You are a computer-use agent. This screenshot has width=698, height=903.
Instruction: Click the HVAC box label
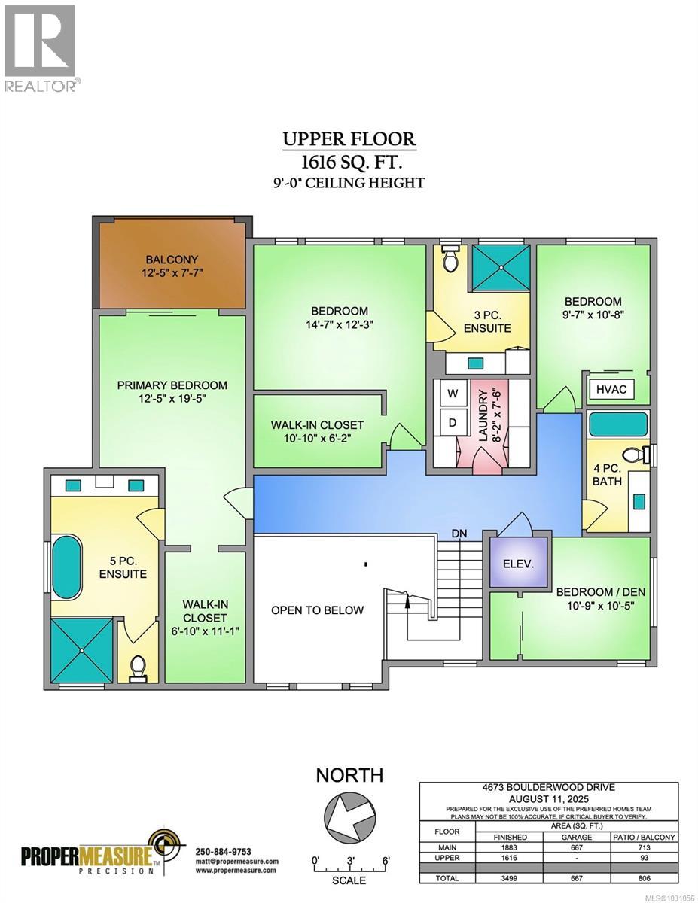(611, 389)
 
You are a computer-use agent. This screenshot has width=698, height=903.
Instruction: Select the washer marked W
(453, 393)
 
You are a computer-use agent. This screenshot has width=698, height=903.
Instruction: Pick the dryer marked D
(453, 423)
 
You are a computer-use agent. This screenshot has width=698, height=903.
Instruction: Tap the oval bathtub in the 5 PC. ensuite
(66, 567)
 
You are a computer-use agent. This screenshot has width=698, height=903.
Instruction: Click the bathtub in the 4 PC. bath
(618, 424)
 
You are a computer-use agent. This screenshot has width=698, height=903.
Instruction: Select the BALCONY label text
(172, 260)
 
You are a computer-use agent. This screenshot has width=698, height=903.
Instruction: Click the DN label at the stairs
(459, 534)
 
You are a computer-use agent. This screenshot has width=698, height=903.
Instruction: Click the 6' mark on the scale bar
(386, 861)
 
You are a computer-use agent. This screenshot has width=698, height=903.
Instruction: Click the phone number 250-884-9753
(223, 852)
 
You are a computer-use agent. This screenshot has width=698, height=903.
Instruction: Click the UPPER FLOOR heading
(349, 138)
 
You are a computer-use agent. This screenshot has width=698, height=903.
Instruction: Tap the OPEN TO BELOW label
(317, 610)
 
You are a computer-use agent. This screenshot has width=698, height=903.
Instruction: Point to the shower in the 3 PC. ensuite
(501, 267)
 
